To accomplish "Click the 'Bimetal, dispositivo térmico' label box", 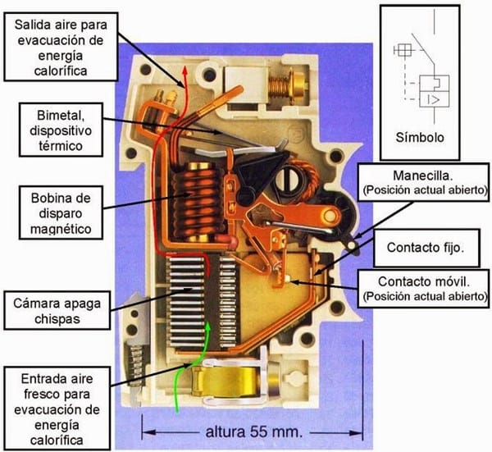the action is click(61, 130).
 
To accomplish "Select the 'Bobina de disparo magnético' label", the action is click(61, 213).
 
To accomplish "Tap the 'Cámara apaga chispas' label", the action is click(57, 311).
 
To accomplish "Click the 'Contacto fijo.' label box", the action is click(426, 248).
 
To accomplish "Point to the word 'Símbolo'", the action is click(420, 138).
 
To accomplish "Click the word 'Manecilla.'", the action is click(423, 176).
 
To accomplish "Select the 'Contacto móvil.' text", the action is click(424, 281).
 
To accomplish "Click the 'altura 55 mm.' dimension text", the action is click(254, 432).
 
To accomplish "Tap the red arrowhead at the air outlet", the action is click(185, 70).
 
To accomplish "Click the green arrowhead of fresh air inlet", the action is click(207, 326).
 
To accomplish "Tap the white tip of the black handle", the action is click(353, 244).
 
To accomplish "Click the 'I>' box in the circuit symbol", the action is click(435, 99).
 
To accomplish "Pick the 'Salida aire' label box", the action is click(61, 47).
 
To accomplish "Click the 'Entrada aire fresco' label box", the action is click(57, 409).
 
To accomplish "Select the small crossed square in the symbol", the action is click(403, 49).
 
